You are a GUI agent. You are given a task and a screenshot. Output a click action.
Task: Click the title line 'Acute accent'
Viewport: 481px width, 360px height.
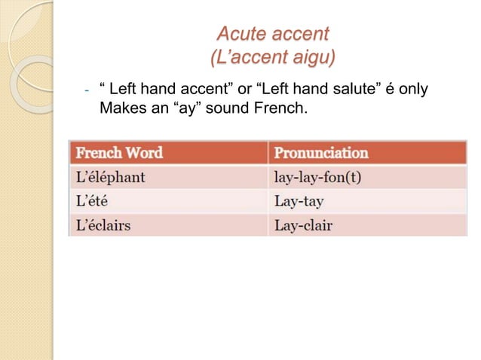coord(272,34)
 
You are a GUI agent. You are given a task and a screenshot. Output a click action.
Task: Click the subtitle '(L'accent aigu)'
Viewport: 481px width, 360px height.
coord(272,58)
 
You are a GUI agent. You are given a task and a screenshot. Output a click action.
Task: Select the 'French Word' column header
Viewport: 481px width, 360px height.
coord(118,153)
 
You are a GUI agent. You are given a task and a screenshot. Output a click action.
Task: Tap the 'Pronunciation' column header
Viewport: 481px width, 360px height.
coord(321,153)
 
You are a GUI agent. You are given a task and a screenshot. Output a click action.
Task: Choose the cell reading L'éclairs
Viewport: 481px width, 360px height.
coord(102,225)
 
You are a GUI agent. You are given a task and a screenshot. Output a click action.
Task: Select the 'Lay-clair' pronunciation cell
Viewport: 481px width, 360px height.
coord(303,225)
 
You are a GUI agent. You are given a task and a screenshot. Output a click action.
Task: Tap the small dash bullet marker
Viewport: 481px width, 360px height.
coord(87,92)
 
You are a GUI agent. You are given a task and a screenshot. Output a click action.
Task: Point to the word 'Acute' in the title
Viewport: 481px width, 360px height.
coord(240,34)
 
